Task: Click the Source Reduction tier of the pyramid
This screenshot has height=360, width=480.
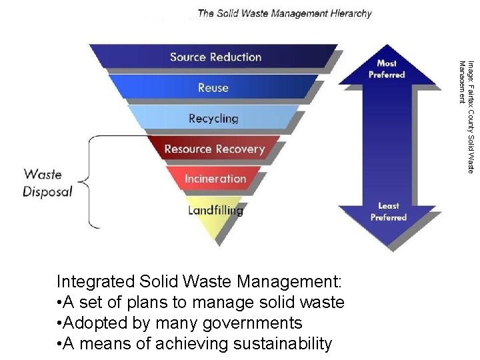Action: coord(215,57)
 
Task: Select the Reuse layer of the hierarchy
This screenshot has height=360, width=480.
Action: coord(213,87)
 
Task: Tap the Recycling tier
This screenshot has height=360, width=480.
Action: coord(213,118)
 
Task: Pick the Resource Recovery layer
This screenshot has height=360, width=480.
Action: coord(214,149)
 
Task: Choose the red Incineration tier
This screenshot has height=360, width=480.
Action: coord(215,179)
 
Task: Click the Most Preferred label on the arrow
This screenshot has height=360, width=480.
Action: coord(387,69)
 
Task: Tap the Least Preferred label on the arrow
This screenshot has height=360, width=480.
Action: coord(388,211)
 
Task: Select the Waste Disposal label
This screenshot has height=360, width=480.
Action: coord(47,183)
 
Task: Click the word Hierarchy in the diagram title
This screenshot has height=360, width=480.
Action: coord(349,13)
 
